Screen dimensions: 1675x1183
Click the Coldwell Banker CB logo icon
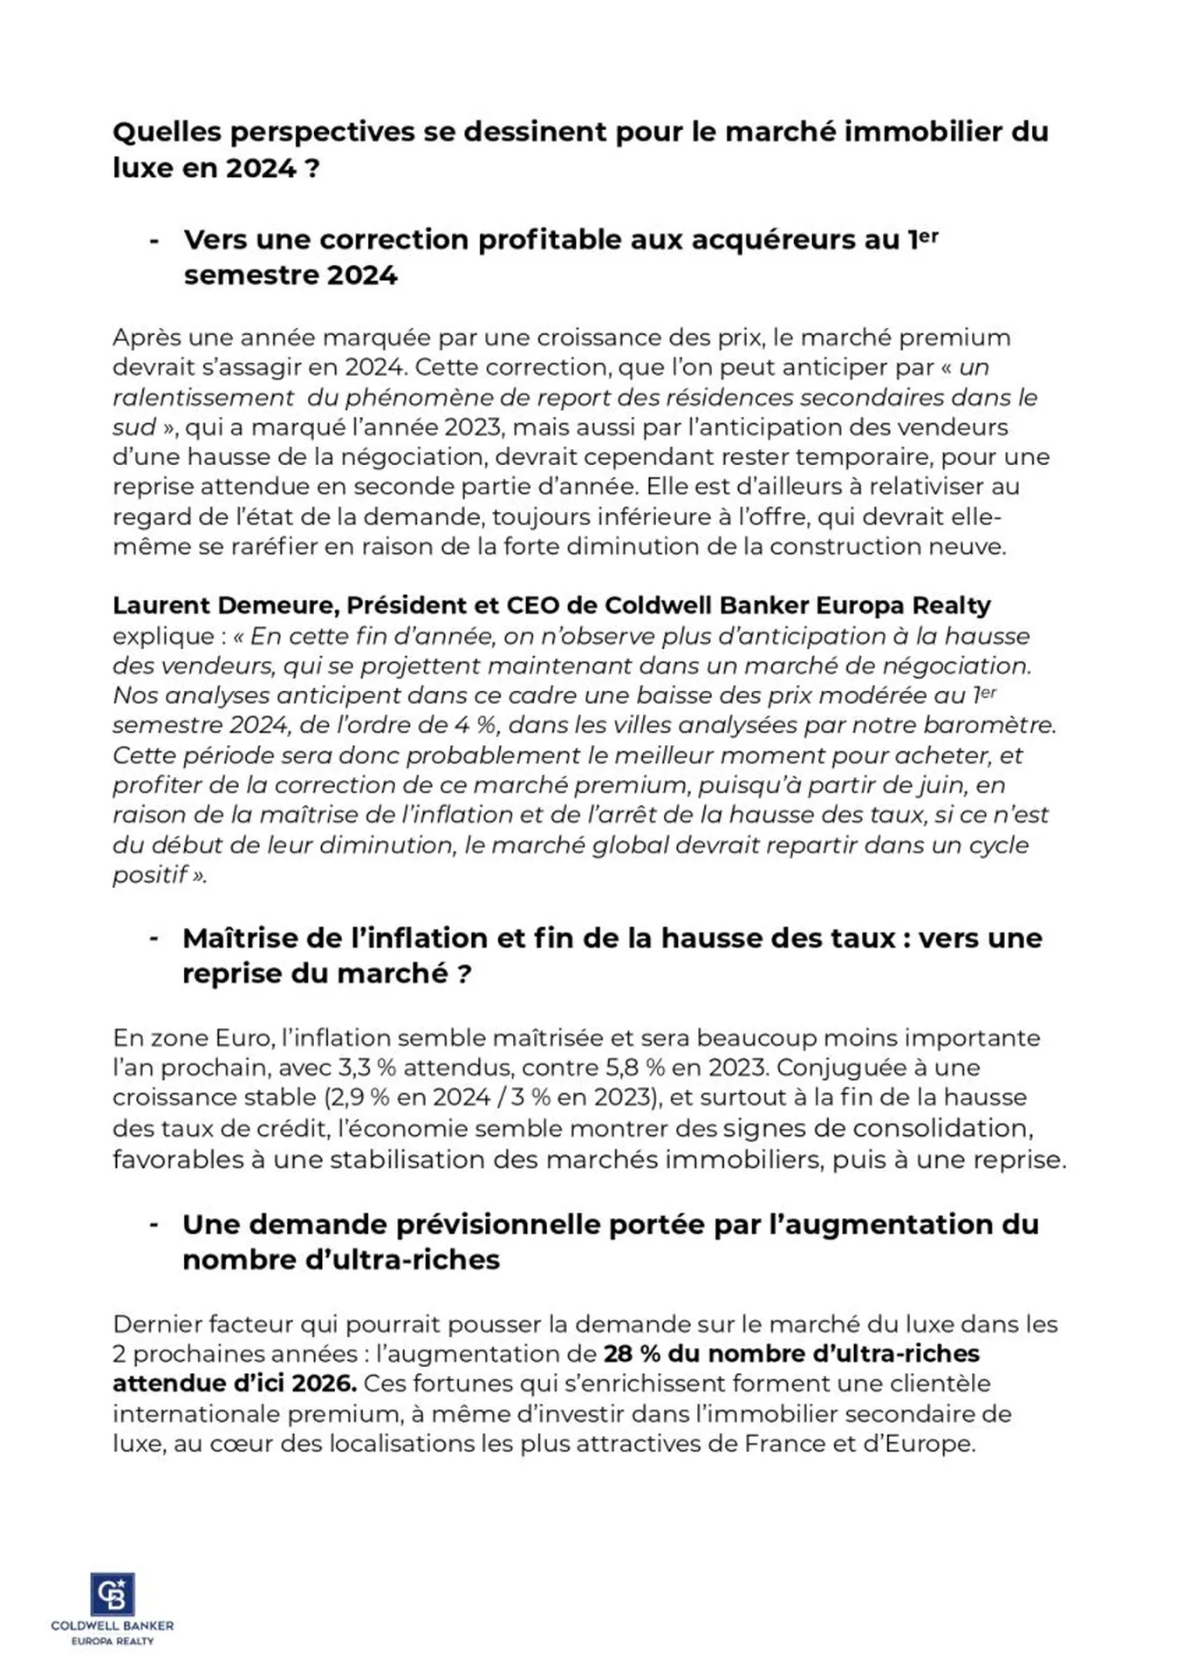click(x=113, y=1594)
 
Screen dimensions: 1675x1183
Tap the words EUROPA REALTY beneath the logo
click(x=113, y=1641)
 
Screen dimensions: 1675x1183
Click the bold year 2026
click(x=324, y=1384)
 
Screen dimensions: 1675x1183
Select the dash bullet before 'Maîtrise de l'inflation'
click(x=154, y=939)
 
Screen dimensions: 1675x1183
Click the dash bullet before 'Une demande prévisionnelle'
click(x=154, y=1225)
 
